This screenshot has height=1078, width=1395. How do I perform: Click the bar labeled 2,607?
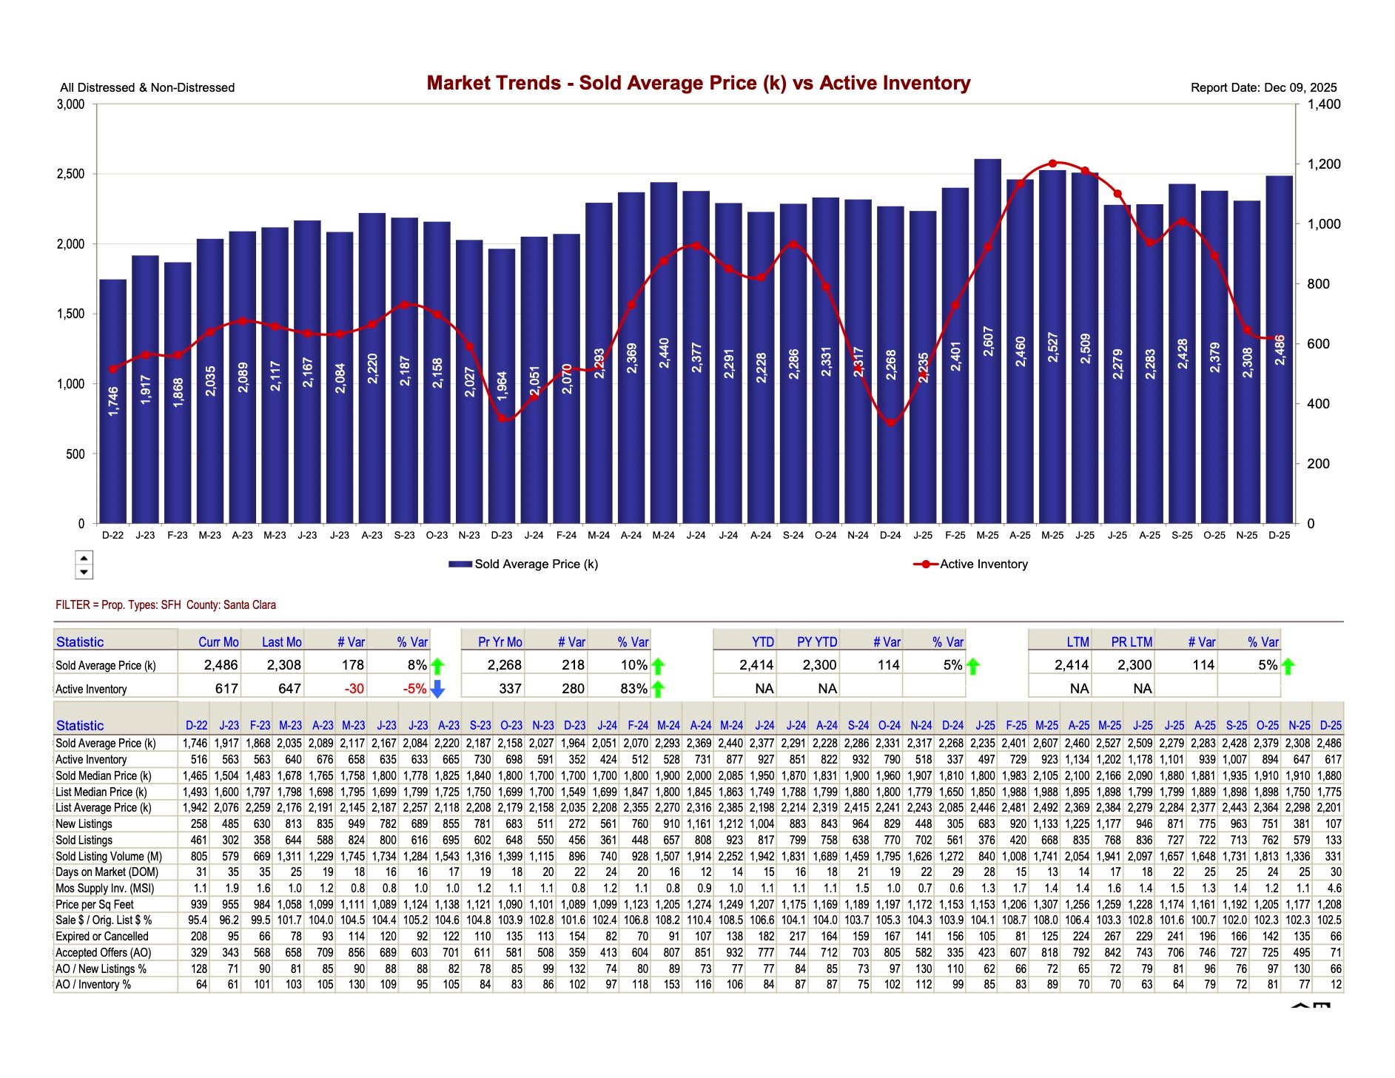click(x=987, y=340)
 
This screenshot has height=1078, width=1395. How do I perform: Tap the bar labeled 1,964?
click(x=502, y=385)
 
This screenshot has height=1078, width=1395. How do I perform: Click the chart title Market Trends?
click(x=698, y=83)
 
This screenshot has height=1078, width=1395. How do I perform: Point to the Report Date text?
click(x=1263, y=87)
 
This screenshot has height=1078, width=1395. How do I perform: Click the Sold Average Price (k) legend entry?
click(x=524, y=564)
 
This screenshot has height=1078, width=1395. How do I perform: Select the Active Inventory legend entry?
click(x=971, y=564)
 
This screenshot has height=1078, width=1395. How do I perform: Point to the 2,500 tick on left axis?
click(x=71, y=174)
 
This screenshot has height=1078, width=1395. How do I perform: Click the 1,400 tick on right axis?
click(x=1323, y=104)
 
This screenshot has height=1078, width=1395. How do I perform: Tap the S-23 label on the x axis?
click(x=404, y=535)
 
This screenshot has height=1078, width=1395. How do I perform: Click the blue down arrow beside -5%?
click(x=437, y=689)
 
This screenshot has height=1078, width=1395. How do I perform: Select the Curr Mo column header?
click(x=218, y=642)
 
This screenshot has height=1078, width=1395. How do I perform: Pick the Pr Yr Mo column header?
click(x=500, y=642)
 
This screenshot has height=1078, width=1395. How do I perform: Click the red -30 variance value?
click(x=354, y=689)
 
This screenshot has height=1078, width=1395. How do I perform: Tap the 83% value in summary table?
click(x=633, y=689)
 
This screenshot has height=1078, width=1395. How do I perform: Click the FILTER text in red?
click(x=166, y=604)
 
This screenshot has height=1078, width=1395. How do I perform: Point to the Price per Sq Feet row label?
click(x=95, y=904)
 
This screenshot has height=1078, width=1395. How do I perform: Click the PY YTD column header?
click(x=817, y=642)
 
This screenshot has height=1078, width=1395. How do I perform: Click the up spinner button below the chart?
click(x=84, y=559)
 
